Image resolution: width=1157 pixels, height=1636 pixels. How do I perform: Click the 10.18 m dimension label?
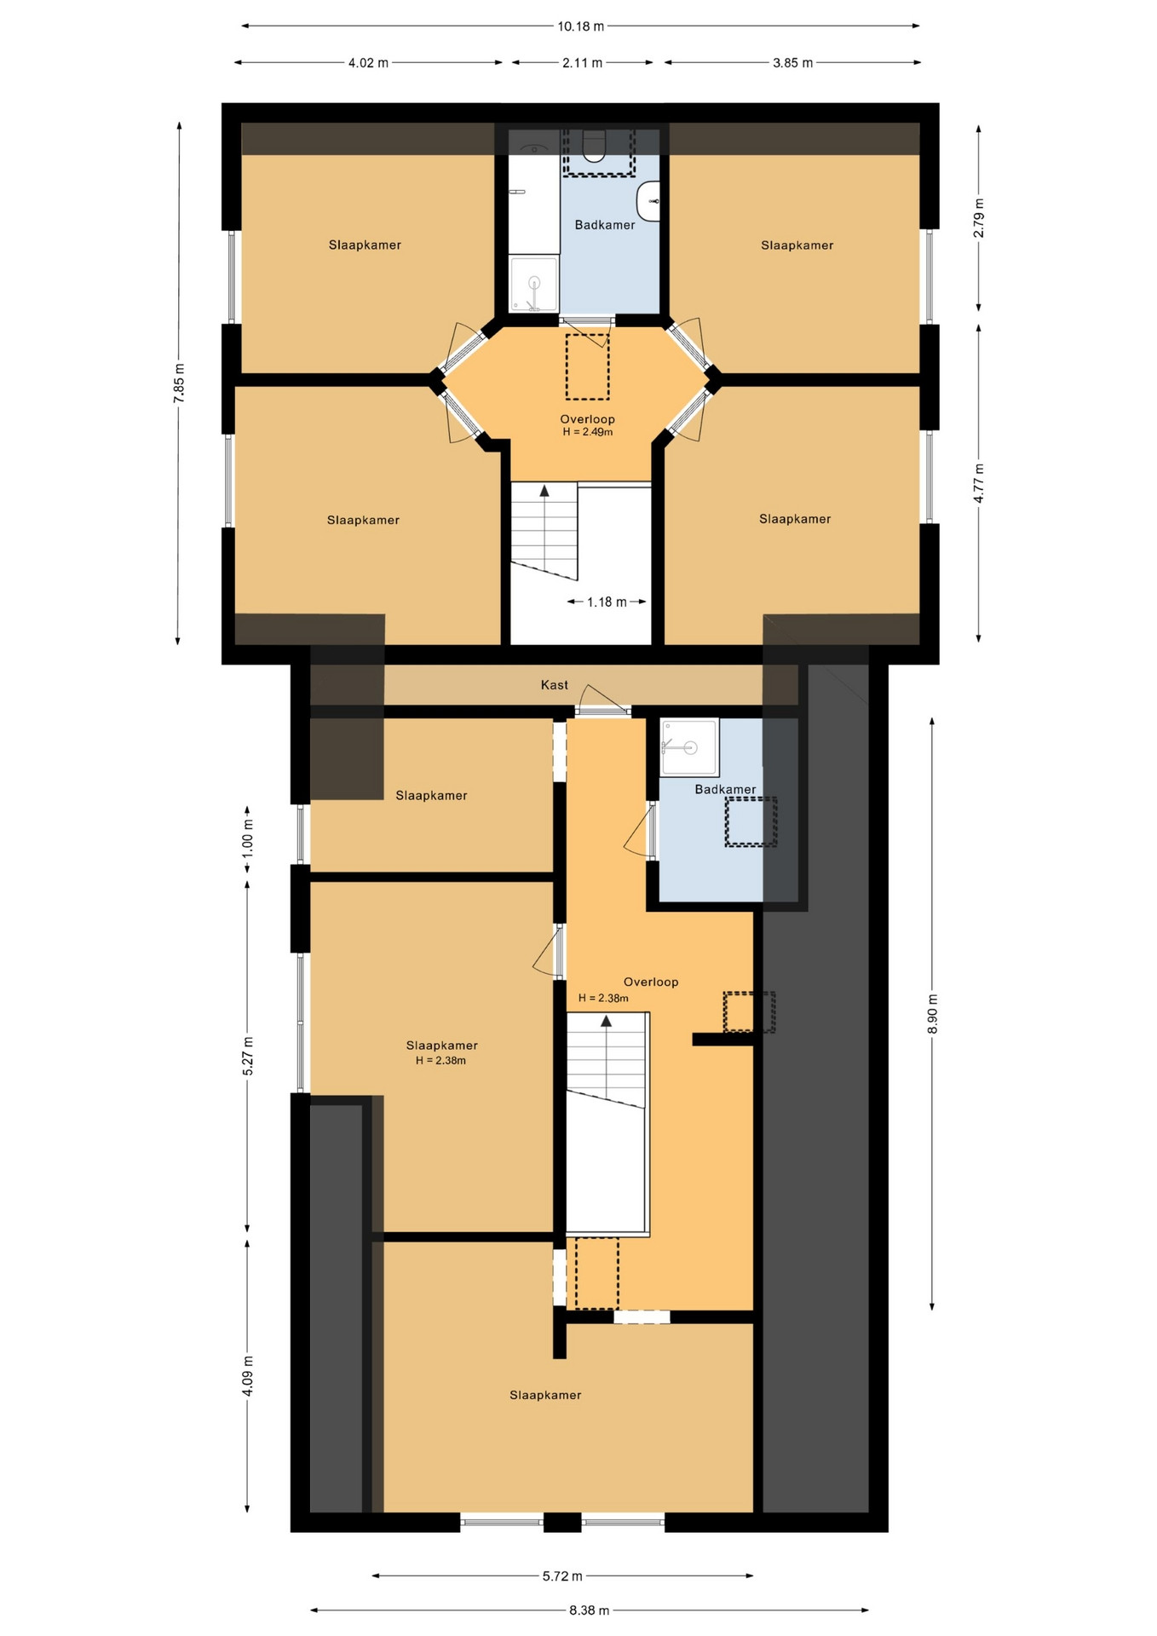pos(581,26)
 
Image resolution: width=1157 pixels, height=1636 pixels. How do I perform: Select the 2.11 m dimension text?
pos(582,63)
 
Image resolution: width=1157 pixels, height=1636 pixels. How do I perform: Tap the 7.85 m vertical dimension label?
pos(179,383)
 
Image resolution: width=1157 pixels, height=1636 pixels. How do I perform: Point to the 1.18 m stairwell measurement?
pos(607,602)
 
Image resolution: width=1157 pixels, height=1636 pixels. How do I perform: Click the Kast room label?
pos(555,685)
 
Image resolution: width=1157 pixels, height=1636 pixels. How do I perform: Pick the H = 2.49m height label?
pos(588,432)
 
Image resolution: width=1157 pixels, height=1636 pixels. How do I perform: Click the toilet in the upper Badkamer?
pos(594,146)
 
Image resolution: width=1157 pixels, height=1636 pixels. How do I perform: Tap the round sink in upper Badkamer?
pos(649,201)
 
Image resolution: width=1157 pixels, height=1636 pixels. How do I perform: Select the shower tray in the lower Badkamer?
pos(689,747)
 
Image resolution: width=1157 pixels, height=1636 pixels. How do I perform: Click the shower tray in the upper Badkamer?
pos(534,284)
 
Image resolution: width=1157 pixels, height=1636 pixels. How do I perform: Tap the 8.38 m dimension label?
pos(590,1610)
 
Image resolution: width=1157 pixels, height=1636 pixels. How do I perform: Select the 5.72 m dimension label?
pos(562,1576)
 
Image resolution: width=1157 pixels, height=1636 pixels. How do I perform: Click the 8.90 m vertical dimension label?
pos(932,1014)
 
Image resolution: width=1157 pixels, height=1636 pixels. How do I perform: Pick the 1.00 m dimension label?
pos(248,838)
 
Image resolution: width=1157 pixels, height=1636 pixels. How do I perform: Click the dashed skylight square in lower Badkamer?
pos(751,821)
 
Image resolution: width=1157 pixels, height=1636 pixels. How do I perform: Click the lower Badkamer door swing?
pos(639,831)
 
